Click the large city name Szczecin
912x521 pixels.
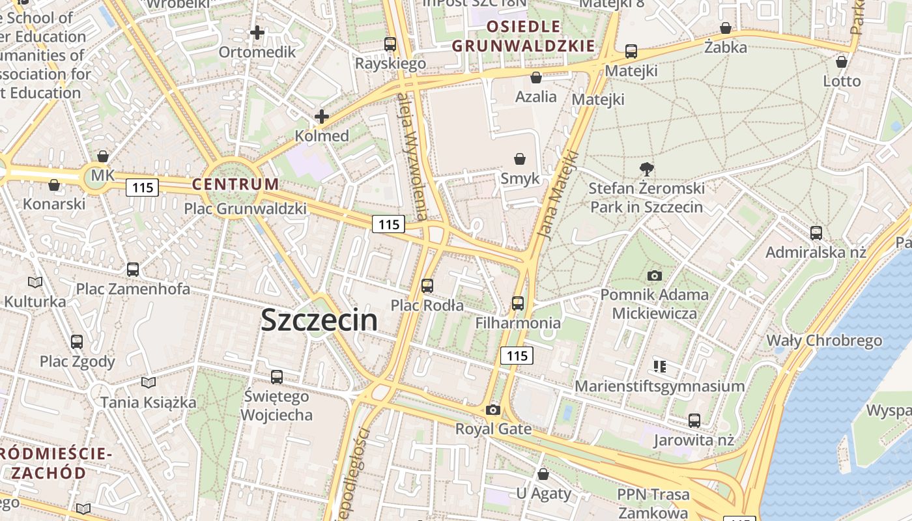click(x=319, y=320)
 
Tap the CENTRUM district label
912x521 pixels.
click(x=235, y=184)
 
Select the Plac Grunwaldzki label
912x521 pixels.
click(x=245, y=209)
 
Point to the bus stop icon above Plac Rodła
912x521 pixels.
click(x=427, y=286)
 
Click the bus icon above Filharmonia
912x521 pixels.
click(x=518, y=303)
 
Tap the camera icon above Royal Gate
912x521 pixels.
click(x=493, y=410)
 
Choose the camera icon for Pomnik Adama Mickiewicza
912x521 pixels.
click(x=655, y=276)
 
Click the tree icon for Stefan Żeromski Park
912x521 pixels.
click(x=647, y=169)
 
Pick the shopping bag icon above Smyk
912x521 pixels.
click(x=520, y=159)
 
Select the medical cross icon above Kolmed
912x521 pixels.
click(x=322, y=117)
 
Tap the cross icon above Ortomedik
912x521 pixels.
click(x=257, y=32)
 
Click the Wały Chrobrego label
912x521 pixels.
click(x=824, y=341)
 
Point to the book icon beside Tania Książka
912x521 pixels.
click(x=149, y=383)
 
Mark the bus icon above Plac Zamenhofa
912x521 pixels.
click(x=133, y=270)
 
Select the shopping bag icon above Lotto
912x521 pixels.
click(x=842, y=62)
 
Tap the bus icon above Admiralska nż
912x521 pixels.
click(x=816, y=233)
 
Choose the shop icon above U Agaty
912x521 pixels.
click(x=543, y=474)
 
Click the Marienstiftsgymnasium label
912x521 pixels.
click(x=659, y=386)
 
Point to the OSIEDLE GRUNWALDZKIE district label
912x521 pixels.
click(x=524, y=36)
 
